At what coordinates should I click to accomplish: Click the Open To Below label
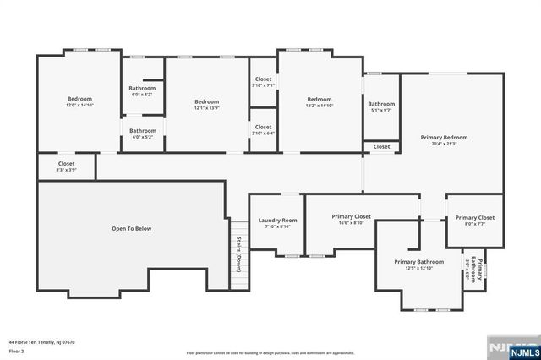(x=131, y=228)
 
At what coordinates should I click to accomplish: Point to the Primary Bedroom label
(x=444, y=137)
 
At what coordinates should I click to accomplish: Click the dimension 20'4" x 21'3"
(x=444, y=144)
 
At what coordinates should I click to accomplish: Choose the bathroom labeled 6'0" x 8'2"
(x=142, y=91)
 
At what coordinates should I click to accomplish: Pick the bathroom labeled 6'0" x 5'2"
(x=142, y=134)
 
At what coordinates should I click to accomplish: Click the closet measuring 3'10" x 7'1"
(x=263, y=82)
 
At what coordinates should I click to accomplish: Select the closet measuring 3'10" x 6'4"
(x=263, y=130)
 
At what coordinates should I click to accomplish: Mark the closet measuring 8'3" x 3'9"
(x=66, y=166)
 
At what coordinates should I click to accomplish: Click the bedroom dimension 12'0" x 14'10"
(x=79, y=106)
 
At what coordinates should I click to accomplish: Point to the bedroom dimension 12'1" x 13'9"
(x=206, y=108)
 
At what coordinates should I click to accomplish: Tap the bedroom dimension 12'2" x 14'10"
(x=319, y=106)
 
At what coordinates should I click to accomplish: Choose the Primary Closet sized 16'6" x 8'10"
(x=351, y=220)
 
